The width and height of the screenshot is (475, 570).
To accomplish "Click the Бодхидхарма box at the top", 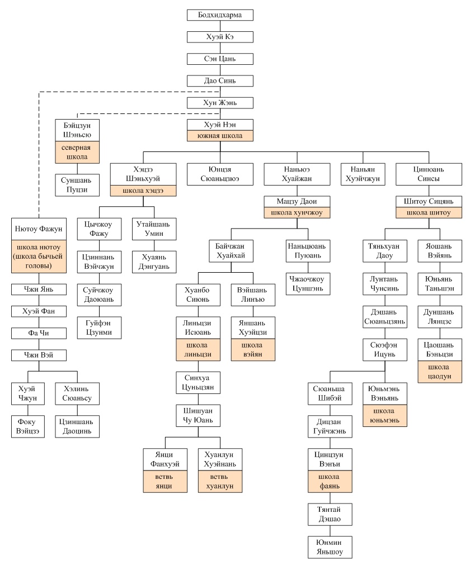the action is coord(220,15).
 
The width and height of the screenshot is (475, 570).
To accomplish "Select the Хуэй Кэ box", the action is coord(220,37).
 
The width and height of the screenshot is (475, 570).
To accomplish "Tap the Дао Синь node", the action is coord(220,80).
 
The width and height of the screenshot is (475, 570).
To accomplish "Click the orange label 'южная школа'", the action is coord(220,136).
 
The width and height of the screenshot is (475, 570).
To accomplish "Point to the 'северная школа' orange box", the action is coord(77,153).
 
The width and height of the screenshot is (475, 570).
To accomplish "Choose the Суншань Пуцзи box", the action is coord(77,185).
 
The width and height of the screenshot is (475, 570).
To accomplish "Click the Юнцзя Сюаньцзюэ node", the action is coord(220,174).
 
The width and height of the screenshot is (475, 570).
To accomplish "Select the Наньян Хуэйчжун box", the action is coord(363,174).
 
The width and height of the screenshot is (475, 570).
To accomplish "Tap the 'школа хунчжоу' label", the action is coord(297,213).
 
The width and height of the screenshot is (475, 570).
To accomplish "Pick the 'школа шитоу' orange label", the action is coord(429,213).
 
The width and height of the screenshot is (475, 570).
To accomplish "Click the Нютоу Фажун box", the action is coord(39,229).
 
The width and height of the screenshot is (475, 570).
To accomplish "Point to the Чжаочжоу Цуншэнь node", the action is coord(308,284).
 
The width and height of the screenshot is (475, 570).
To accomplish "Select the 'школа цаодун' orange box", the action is coord(440,372).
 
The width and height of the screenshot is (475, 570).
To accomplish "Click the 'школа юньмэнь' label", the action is coord(385,416).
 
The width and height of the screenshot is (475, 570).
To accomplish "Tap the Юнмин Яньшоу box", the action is coord(330,547).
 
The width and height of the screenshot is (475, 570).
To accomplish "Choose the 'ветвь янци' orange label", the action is coord(165,481).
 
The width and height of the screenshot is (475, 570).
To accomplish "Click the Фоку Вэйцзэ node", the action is coord(27,426).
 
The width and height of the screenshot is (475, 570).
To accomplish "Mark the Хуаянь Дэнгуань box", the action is coord(154,262).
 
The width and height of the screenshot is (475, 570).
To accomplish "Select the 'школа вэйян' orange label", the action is coord(253,350).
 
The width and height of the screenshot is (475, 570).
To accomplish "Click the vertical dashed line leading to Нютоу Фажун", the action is coord(39,155).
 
